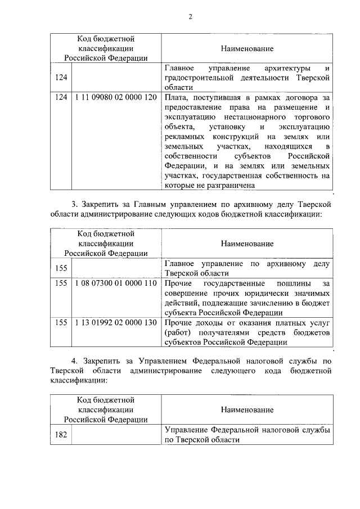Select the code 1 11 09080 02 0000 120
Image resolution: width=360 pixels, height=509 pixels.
[x=115, y=97]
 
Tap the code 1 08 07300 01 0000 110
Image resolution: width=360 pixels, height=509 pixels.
[x=115, y=283]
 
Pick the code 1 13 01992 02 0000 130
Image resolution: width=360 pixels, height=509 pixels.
[x=115, y=323]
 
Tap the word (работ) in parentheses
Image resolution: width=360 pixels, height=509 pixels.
[x=177, y=332]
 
